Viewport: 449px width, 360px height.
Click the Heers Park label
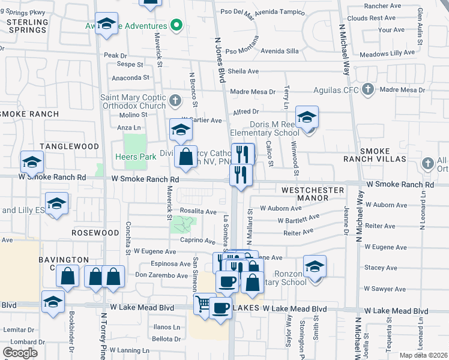[x=136, y=157]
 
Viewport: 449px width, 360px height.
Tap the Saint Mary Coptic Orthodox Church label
[x=133, y=102]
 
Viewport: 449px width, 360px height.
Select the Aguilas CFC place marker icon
[x=368, y=91]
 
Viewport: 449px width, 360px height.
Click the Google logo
[x=20, y=353]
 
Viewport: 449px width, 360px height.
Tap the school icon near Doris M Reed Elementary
[x=307, y=117]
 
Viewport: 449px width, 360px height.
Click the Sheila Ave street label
[x=243, y=71]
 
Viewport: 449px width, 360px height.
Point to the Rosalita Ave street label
[x=199, y=212]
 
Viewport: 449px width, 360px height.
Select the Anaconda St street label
[x=130, y=77]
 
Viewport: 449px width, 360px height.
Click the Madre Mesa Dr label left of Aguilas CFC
[x=253, y=92]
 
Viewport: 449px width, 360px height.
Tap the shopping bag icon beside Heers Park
[x=186, y=157]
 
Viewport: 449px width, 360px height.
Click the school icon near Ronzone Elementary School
[x=315, y=266]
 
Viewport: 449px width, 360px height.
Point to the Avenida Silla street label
[x=279, y=51]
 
